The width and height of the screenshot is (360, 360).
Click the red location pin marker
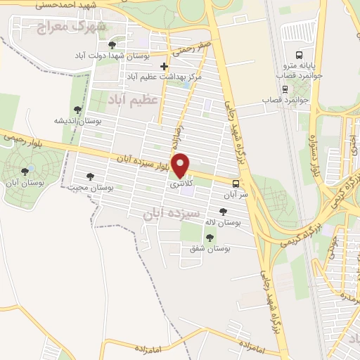tap(181, 165)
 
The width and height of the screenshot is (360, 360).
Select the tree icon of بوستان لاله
tap(224, 211)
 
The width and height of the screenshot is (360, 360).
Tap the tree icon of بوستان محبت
tap(89, 176)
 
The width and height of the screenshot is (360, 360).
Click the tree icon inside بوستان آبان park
tap(25, 170)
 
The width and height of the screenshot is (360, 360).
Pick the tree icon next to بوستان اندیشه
tap(77, 109)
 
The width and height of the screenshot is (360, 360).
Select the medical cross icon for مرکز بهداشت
tap(165, 67)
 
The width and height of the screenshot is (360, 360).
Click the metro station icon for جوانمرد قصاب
tap(285, 89)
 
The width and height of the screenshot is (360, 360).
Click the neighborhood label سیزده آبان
tap(172, 212)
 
